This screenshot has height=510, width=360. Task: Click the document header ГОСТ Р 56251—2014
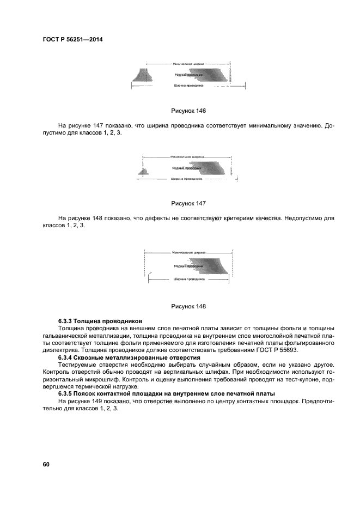(72, 39)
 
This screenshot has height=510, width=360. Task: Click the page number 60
(46, 464)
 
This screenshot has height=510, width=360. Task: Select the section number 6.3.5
(68, 393)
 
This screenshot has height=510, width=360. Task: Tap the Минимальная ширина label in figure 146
(188, 64)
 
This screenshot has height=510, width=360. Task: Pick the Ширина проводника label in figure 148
(188, 278)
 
